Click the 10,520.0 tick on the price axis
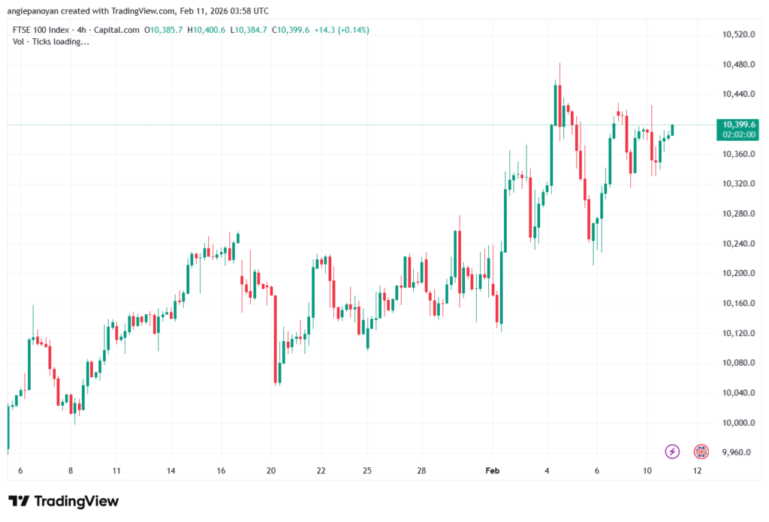coord(737,34)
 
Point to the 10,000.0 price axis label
coord(737,422)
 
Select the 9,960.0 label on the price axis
coord(738,452)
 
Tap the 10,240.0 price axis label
coord(737,243)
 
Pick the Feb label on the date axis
coord(493,471)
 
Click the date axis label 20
coord(271,471)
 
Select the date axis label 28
coord(422,471)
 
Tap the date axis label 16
coord(222,471)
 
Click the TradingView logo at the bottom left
coord(63,501)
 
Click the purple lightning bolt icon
coord(672,451)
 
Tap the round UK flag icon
coord(701,451)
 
